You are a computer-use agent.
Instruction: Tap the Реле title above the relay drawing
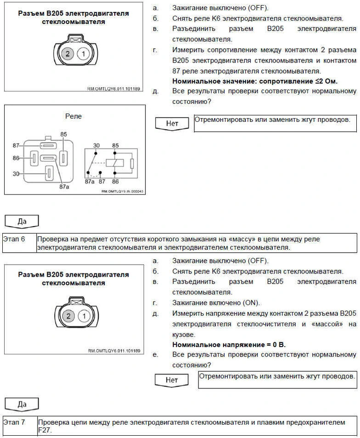pos(73,116)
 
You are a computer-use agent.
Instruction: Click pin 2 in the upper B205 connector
pos(67,54)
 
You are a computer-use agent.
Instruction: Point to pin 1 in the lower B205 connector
pos(83,316)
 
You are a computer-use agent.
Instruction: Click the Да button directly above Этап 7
pos(22,404)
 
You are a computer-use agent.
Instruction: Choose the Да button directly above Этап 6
pos(22,221)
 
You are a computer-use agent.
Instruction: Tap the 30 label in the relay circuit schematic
pos(96,146)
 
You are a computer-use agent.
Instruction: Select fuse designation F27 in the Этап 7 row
pos(45,431)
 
